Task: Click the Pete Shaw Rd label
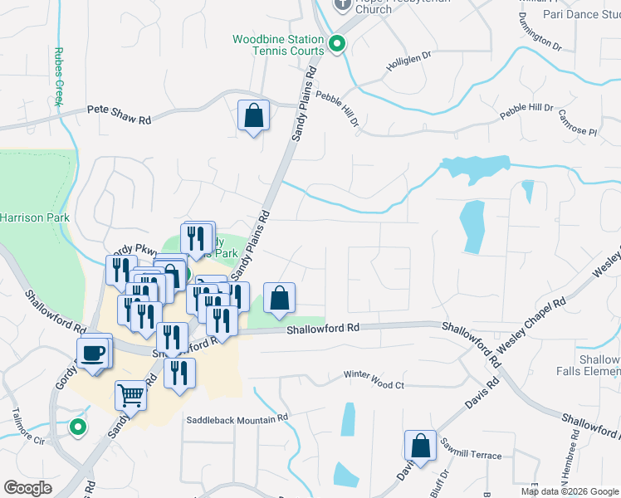pyautogui.click(x=120, y=115)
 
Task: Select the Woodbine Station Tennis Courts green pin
pyautogui.click(x=337, y=45)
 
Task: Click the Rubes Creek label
pyautogui.click(x=59, y=76)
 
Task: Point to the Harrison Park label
pyautogui.click(x=34, y=217)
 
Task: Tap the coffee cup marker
pyautogui.click(x=93, y=354)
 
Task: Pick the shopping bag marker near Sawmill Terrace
pyautogui.click(x=421, y=445)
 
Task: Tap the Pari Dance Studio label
pyautogui.click(x=580, y=14)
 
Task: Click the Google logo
pyautogui.click(x=28, y=487)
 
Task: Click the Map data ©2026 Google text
pyautogui.click(x=569, y=491)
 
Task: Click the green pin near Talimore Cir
pyautogui.click(x=77, y=427)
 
